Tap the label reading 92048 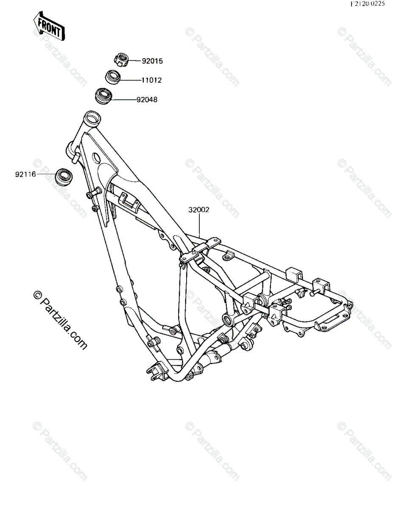tap(147, 100)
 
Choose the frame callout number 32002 tap(199, 210)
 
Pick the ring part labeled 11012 tap(113, 77)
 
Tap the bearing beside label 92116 tap(64, 176)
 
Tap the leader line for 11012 tap(128, 80)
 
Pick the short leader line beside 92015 tap(135, 61)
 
